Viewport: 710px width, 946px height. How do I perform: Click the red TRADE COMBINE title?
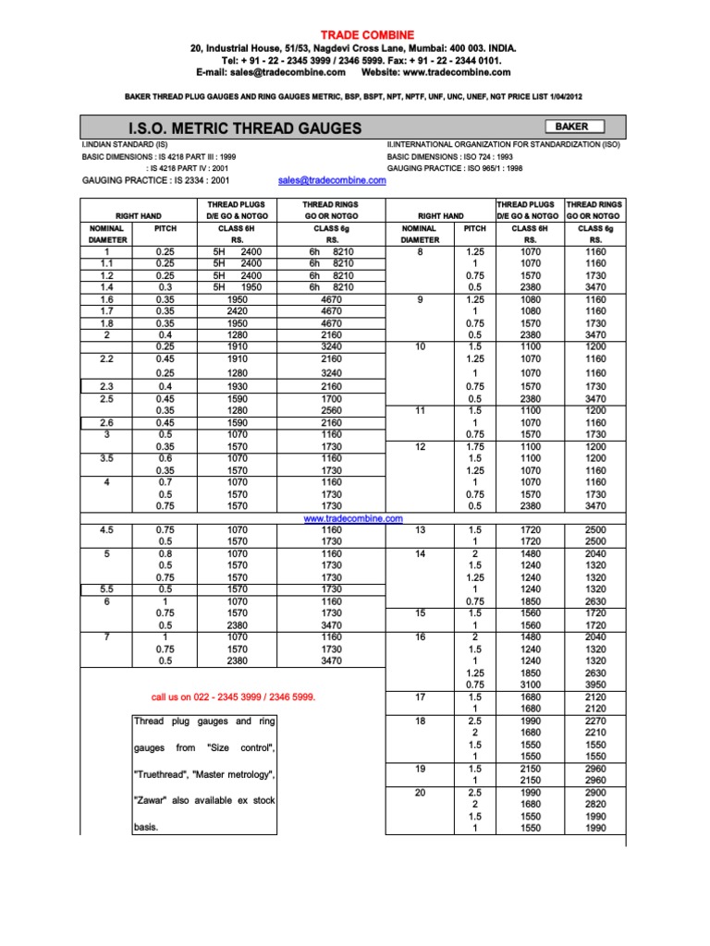355,34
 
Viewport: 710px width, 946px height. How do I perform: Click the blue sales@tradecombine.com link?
332,181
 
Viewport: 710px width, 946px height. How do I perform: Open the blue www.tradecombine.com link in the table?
354,519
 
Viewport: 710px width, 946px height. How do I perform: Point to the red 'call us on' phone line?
233,697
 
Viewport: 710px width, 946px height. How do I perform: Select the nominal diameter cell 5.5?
106,588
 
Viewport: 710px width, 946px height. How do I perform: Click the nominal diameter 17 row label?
420,697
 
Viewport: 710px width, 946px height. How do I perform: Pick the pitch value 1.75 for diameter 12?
474,446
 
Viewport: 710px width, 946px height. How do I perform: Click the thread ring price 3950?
595,685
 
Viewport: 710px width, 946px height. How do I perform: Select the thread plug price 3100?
531,685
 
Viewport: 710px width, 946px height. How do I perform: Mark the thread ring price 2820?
595,805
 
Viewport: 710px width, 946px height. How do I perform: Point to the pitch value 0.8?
165,553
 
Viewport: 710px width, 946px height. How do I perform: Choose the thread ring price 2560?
331,410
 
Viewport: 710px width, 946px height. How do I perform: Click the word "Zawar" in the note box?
156,800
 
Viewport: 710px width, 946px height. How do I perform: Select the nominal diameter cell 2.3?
106,386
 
